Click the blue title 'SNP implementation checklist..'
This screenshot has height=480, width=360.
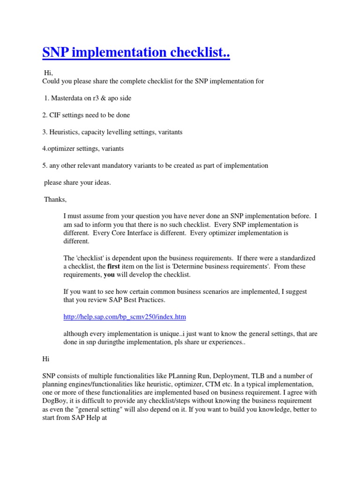pos(136,52)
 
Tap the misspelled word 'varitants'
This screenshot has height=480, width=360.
pos(169,132)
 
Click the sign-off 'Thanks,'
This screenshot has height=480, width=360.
pos(55,199)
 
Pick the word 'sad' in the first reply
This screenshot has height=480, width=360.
pos(79,225)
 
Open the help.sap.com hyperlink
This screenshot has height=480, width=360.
pos(125,317)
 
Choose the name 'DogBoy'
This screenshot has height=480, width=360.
pos(56,401)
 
